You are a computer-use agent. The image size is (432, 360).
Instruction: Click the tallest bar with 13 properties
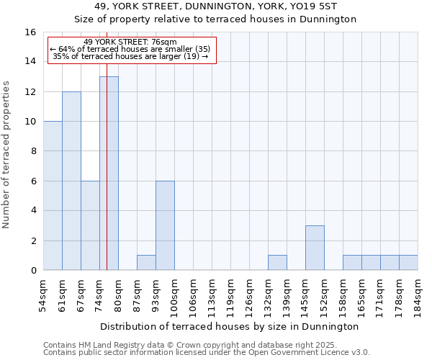(109, 173)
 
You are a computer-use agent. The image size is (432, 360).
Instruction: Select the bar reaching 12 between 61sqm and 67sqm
(71, 181)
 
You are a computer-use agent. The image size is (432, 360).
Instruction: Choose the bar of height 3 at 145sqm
(315, 248)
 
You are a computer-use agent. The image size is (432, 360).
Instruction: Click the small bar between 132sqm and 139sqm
(277, 263)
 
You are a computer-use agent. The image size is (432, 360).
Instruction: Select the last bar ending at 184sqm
(408, 263)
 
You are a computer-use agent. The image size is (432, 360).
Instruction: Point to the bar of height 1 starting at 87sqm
(146, 263)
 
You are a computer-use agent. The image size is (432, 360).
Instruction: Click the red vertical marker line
(107, 216)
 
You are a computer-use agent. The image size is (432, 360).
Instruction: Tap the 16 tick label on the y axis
(30, 32)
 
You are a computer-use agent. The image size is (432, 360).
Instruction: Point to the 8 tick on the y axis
(33, 151)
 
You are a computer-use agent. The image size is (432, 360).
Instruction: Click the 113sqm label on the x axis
(212, 296)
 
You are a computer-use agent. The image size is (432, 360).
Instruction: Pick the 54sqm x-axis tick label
(43, 296)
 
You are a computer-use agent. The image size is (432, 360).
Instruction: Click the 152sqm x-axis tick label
(324, 296)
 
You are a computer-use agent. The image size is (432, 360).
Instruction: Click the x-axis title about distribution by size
(229, 326)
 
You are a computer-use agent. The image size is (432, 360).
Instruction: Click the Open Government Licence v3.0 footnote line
(207, 353)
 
